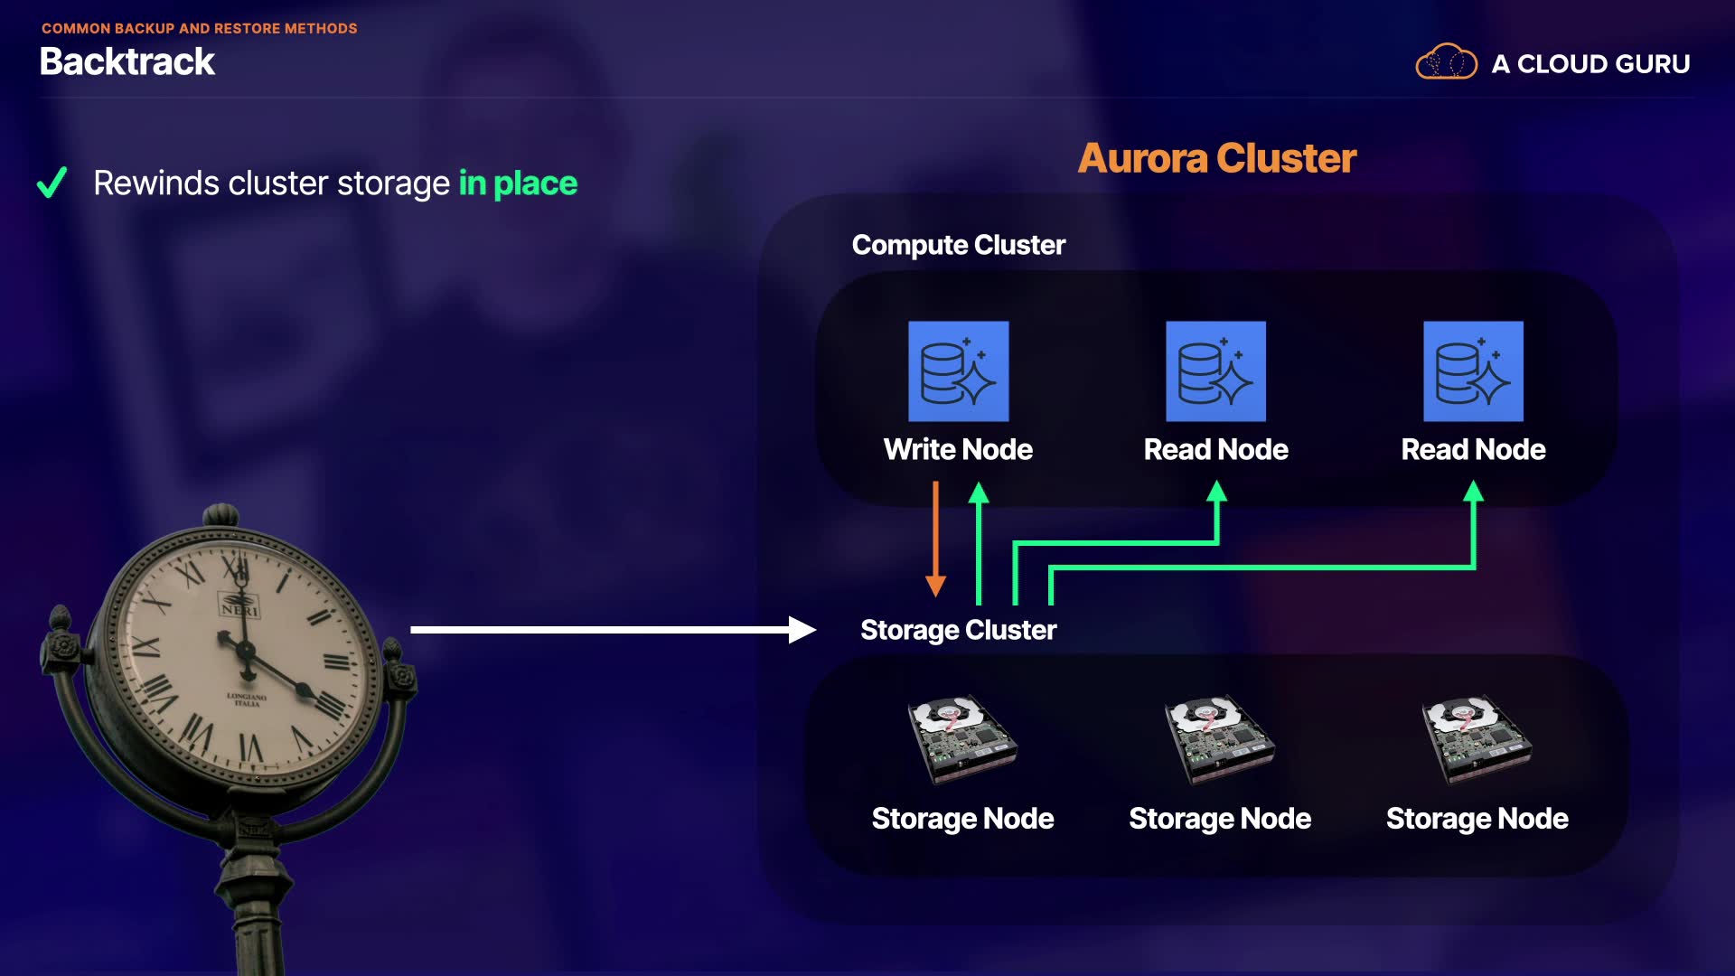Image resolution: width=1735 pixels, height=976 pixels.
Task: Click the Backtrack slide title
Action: click(127, 62)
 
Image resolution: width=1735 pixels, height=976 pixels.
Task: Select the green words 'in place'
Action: click(518, 183)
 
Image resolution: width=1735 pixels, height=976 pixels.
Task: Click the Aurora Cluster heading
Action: click(1217, 158)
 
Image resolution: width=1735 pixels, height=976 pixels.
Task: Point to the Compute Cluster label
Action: click(958, 245)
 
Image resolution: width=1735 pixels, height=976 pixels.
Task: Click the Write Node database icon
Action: click(958, 371)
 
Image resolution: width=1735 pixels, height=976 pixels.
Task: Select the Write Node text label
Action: click(958, 449)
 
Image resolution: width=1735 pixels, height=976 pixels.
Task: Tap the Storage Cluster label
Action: click(958, 630)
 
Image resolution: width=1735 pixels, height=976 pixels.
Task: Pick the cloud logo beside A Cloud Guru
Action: click(1446, 62)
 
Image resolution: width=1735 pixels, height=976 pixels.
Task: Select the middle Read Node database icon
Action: click(1215, 371)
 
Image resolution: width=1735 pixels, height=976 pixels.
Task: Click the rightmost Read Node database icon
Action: click(1473, 371)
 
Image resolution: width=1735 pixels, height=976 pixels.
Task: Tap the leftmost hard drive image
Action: click(961, 738)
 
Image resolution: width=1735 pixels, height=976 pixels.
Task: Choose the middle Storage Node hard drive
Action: click(1219, 738)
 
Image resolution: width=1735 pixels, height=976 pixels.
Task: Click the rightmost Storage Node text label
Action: click(1477, 819)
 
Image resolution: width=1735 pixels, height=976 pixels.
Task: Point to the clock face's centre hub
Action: click(243, 648)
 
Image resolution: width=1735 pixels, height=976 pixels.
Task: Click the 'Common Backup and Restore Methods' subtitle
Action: click(199, 29)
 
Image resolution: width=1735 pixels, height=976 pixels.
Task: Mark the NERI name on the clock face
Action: click(239, 610)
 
